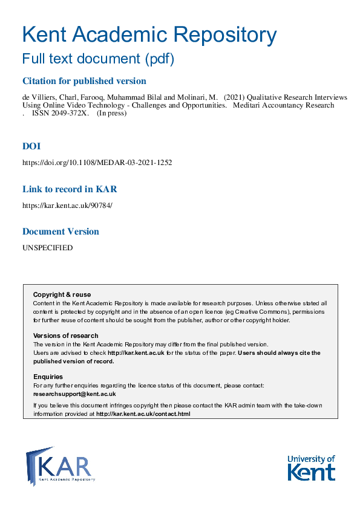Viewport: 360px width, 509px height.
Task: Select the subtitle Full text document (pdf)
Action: [98, 59]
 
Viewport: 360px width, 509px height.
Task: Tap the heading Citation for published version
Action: [84, 81]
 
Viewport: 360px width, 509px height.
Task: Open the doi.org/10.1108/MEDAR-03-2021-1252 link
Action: [97, 163]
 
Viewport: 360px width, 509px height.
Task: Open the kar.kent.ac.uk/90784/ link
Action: [67, 205]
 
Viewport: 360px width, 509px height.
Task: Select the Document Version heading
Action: [61, 232]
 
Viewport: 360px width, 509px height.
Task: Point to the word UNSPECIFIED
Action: [47, 248]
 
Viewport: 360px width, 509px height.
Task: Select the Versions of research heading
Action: [65, 336]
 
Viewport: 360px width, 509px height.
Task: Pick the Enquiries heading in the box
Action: [48, 377]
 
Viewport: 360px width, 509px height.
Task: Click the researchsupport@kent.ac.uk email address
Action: [74, 394]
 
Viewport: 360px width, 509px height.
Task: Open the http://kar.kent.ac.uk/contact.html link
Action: [143, 414]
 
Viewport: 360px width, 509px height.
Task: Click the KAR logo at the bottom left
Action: [60, 466]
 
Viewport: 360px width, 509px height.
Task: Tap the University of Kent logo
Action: [311, 467]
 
